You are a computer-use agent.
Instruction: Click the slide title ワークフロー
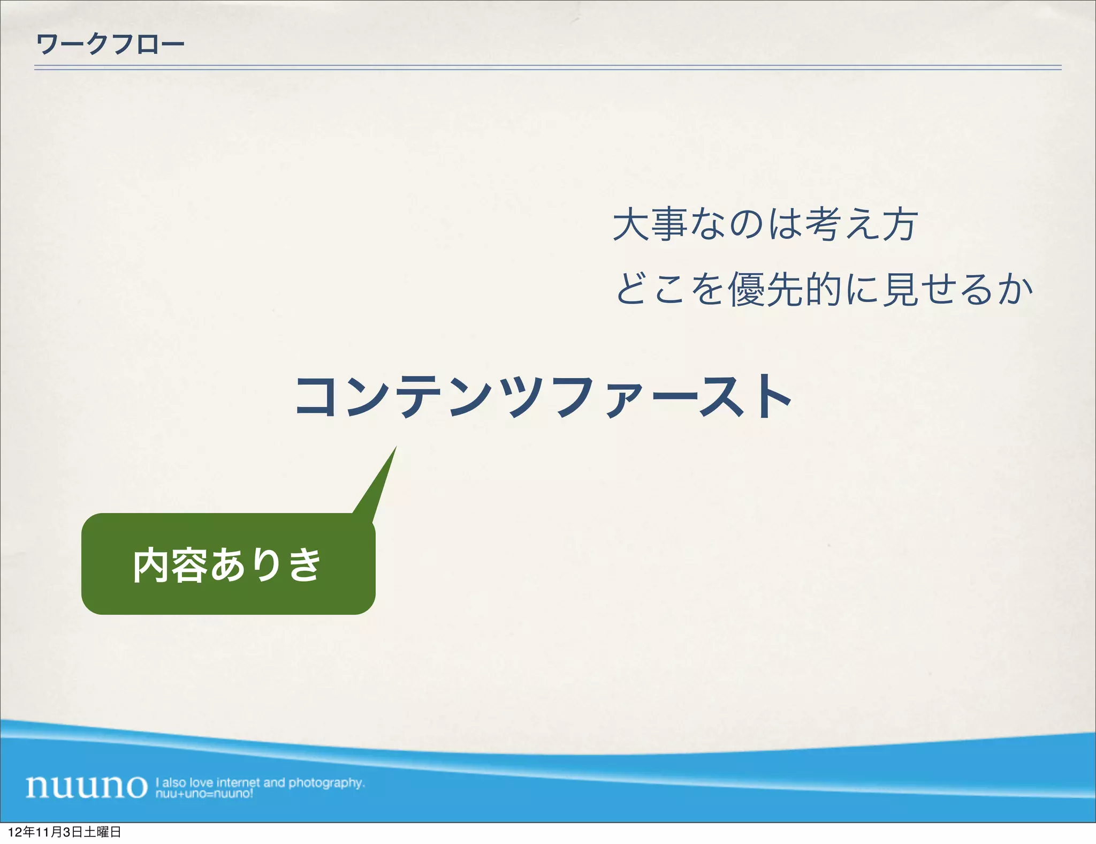(x=110, y=44)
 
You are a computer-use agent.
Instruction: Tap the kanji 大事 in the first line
(x=650, y=225)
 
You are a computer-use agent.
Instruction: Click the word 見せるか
(x=958, y=289)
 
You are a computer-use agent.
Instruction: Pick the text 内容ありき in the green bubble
(x=227, y=565)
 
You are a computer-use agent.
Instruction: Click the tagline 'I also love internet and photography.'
(x=260, y=782)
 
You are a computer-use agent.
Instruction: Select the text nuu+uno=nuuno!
(x=204, y=794)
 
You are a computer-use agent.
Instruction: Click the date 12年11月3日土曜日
(x=64, y=832)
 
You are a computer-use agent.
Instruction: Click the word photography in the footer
(x=326, y=782)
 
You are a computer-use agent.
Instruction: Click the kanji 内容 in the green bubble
(x=170, y=565)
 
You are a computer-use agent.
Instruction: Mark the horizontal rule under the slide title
(x=547, y=68)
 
